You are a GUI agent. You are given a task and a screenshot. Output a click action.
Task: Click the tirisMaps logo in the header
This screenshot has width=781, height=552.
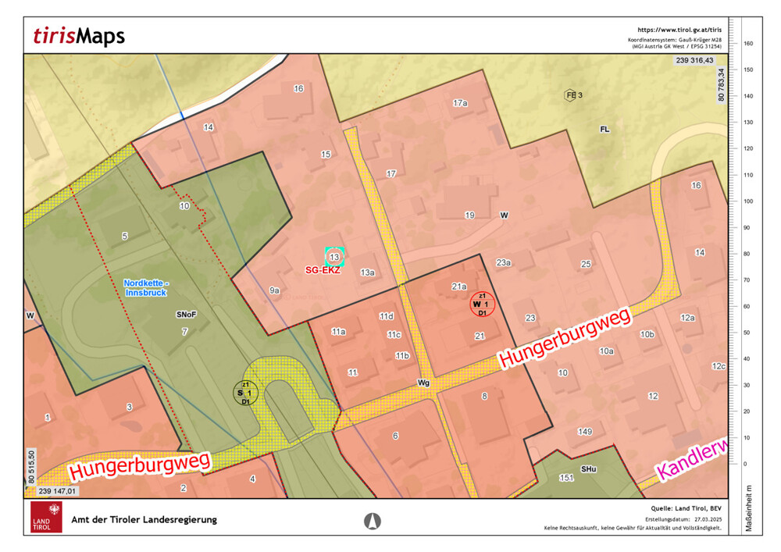point(79,36)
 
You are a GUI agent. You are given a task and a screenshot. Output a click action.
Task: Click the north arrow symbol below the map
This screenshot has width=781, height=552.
point(373,520)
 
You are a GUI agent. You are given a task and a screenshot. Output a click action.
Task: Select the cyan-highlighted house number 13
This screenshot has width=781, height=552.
point(334,256)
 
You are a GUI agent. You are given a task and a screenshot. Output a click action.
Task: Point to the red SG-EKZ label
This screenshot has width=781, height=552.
point(322,270)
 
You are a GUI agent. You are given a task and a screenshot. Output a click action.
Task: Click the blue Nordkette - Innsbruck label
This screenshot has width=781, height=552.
point(146,287)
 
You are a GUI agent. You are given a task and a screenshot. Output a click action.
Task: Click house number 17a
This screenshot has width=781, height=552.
point(460,103)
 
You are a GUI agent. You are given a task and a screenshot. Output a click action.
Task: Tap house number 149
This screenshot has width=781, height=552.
point(584,432)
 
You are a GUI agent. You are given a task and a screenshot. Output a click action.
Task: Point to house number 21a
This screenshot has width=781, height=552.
point(458,287)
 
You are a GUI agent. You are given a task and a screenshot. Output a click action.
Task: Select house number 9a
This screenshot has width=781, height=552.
point(274,290)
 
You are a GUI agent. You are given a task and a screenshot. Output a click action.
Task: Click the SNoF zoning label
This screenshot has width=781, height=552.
point(185,315)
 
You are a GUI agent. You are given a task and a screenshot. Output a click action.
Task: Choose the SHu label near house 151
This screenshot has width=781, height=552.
point(588,469)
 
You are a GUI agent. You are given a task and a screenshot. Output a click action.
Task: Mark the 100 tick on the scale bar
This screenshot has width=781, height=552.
point(747,201)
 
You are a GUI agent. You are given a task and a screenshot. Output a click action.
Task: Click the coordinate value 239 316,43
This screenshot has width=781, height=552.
point(694,60)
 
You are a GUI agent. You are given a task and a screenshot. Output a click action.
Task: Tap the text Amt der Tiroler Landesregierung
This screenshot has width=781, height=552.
point(144,520)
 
